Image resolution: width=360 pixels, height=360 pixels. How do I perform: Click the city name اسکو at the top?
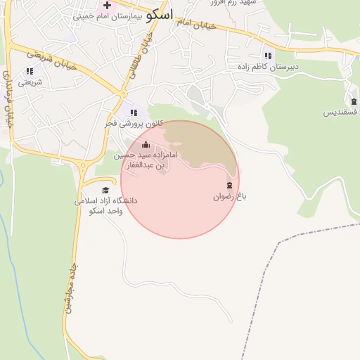(x=158, y=13)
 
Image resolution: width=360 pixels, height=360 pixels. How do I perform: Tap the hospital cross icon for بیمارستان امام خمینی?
(x=107, y=5)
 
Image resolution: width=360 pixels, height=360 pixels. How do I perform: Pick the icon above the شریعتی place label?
(x=30, y=71)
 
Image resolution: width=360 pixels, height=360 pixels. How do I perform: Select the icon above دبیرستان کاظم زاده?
(x=268, y=56)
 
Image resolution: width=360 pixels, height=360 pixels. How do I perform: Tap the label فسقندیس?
(x=341, y=112)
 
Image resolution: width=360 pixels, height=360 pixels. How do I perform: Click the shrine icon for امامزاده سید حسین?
(x=146, y=145)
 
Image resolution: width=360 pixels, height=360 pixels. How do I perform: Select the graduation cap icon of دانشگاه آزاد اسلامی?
(x=106, y=190)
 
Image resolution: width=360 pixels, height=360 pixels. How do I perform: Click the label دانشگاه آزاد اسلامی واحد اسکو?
(x=106, y=205)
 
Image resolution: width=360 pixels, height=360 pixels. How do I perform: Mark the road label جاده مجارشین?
(x=72, y=289)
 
